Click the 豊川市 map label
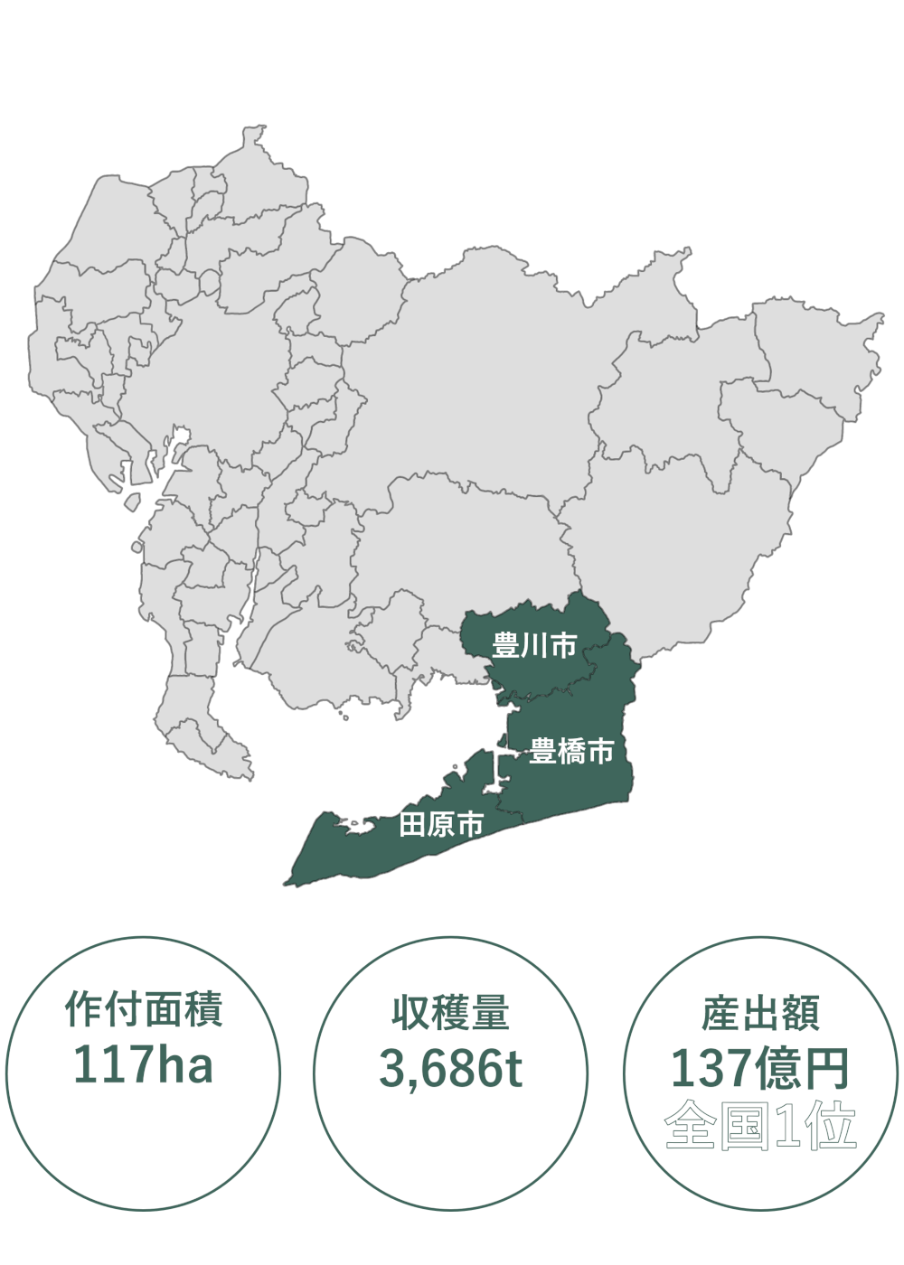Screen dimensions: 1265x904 [x=534, y=645]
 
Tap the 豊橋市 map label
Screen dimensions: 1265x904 [x=571, y=751]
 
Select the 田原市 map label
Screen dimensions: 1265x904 [x=441, y=824]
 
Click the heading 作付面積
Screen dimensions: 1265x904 [x=144, y=1010]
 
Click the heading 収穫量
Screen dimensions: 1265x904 [x=450, y=1013]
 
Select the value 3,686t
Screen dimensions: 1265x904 [x=450, y=1069]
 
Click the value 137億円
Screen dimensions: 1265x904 [x=760, y=1070]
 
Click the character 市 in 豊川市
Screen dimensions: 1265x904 [x=563, y=645]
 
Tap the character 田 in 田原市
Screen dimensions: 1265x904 [x=412, y=824]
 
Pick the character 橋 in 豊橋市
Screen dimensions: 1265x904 [x=571, y=751]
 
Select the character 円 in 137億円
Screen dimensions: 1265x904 [x=827, y=1070]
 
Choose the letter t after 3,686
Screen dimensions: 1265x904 [x=513, y=1070]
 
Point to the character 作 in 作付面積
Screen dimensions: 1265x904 [x=82, y=1010]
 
